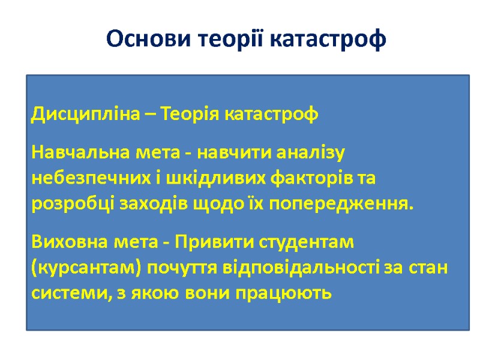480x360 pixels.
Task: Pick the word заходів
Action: click(149, 203)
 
